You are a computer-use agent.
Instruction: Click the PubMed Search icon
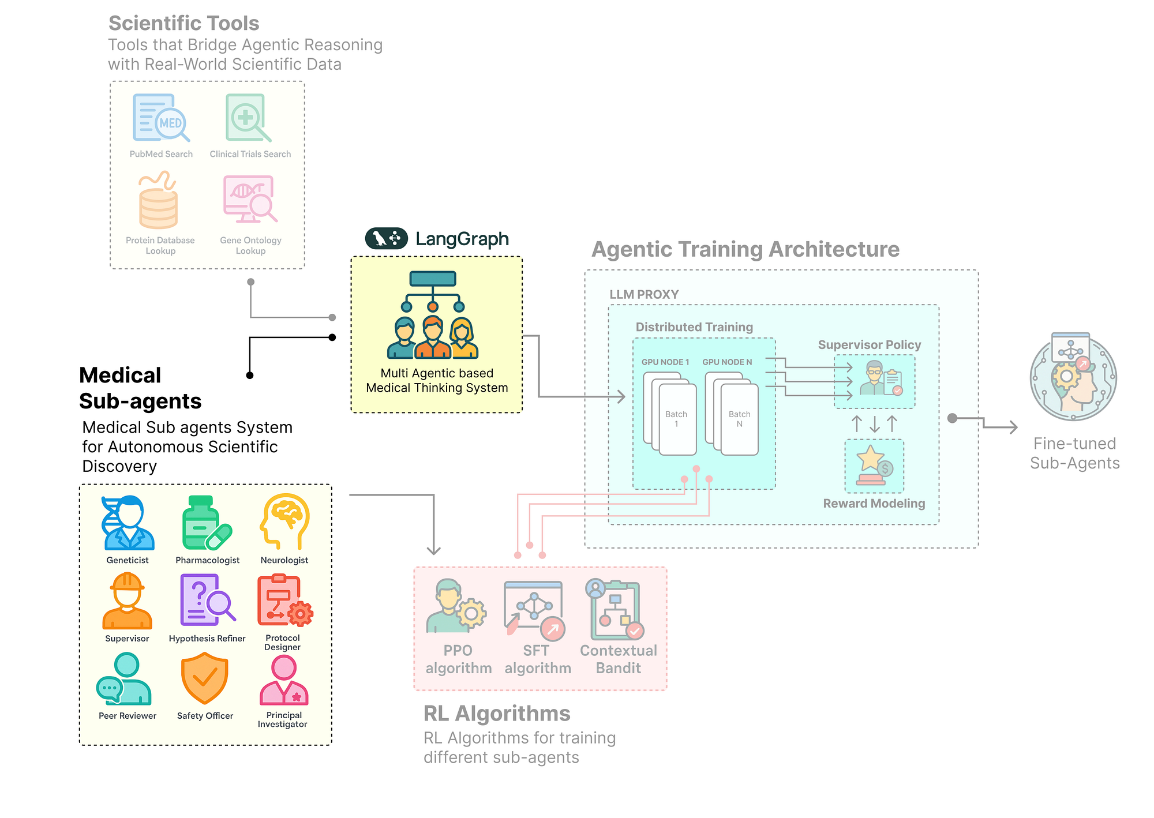161,118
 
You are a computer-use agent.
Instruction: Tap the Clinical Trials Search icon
248,118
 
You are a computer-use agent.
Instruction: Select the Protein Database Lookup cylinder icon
158,201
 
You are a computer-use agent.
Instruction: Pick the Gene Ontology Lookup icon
250,200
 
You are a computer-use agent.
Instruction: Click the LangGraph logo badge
386,238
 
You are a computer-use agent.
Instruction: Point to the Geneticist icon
128,523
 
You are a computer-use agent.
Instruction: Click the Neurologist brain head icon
284,521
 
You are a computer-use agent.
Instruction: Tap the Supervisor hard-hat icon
127,601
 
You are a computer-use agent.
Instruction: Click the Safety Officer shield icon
205,678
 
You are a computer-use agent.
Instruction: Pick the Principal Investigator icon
284,681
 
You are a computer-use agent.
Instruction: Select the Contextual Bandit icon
615,610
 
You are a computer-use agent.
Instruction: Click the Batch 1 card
677,419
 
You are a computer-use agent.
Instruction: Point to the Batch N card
739,419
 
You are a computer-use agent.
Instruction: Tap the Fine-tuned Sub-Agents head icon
1073,378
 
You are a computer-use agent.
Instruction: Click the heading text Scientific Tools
183,23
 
